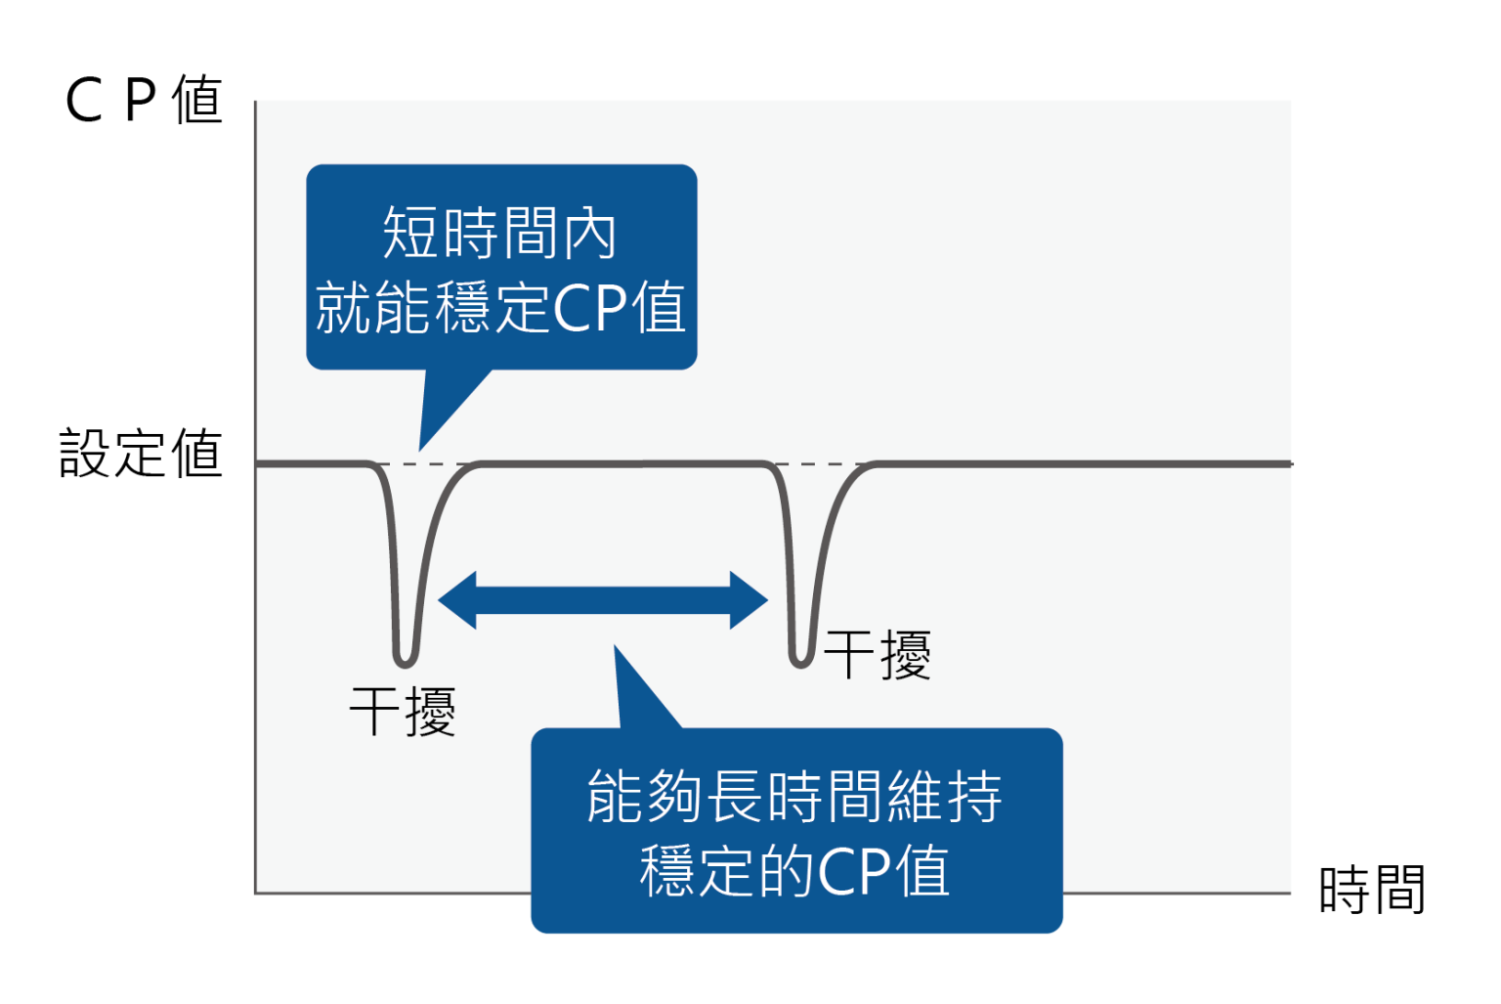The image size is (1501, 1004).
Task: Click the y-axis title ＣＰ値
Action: (144, 100)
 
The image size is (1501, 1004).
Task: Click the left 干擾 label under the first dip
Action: (403, 711)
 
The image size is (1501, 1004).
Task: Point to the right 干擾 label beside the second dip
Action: (877, 654)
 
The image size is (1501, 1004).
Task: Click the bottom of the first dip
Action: (405, 660)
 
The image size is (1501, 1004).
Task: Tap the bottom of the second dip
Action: (801, 662)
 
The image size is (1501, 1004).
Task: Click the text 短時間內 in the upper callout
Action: (499, 233)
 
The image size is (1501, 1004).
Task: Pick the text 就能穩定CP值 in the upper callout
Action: (500, 307)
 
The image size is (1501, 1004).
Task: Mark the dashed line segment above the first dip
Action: (425, 463)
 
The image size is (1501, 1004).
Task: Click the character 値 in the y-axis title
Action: (197, 100)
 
